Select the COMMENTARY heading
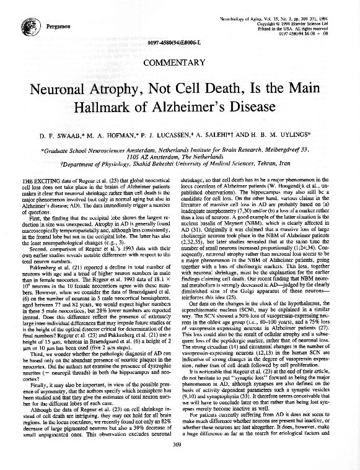pos(179,62)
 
